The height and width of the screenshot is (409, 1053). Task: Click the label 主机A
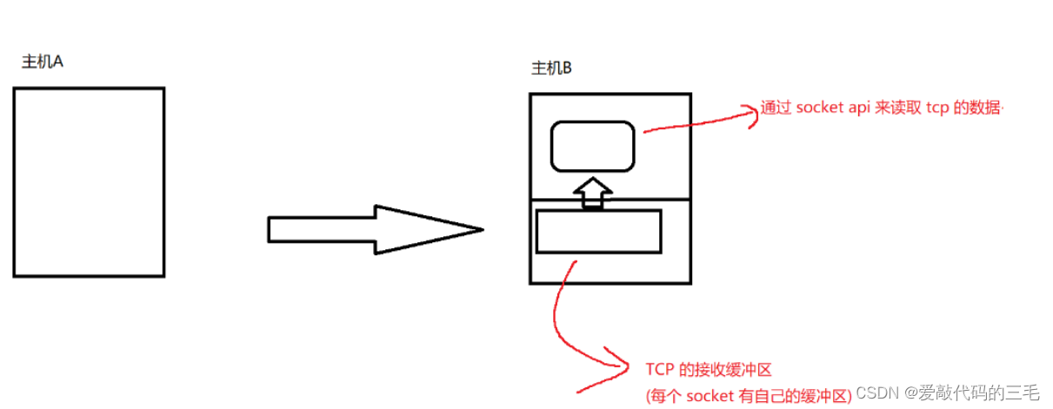(x=43, y=63)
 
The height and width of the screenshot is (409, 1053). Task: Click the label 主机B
(x=551, y=69)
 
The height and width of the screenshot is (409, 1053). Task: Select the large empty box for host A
(x=89, y=181)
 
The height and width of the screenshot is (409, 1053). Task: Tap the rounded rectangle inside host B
(x=592, y=145)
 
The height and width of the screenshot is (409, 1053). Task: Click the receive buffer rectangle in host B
(x=598, y=231)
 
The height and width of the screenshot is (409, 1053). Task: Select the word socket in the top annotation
(x=820, y=109)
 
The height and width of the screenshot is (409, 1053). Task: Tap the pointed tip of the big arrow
(x=480, y=230)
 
